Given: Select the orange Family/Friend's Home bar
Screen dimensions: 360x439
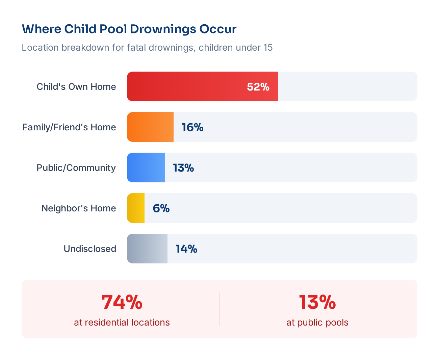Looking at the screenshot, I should pyautogui.click(x=150, y=127).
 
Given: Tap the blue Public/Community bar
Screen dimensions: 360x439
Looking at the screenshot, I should pyautogui.click(x=146, y=168).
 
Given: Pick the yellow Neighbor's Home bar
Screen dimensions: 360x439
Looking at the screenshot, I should pyautogui.click(x=136, y=208).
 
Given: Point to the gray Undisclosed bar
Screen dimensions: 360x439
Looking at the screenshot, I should pyautogui.click(x=147, y=249).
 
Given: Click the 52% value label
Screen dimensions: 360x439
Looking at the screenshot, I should pyautogui.click(x=258, y=87).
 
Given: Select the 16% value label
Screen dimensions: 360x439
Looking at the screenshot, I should pyautogui.click(x=192, y=127).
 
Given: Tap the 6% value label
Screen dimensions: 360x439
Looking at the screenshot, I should pyautogui.click(x=161, y=208).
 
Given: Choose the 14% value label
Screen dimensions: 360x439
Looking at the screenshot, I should pyautogui.click(x=186, y=249).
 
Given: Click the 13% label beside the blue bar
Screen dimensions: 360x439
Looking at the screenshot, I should pyautogui.click(x=183, y=168).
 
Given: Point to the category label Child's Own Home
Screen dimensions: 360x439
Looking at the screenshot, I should pyautogui.click(x=76, y=87).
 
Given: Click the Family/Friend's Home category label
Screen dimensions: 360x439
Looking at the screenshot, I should pyautogui.click(x=69, y=127).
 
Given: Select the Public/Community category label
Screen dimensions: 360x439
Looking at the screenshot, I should pyautogui.click(x=76, y=168).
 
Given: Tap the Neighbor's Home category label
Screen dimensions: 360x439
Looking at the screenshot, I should pyautogui.click(x=79, y=208).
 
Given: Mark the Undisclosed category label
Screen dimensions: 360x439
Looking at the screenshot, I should pyautogui.click(x=90, y=249).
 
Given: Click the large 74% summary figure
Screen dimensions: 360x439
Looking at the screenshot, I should pyautogui.click(x=122, y=302).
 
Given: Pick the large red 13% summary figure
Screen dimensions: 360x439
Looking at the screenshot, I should pyautogui.click(x=317, y=302).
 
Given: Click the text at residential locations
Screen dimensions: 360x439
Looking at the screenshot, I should pyautogui.click(x=122, y=323).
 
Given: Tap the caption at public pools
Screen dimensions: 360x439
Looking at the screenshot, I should pyautogui.click(x=317, y=323).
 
